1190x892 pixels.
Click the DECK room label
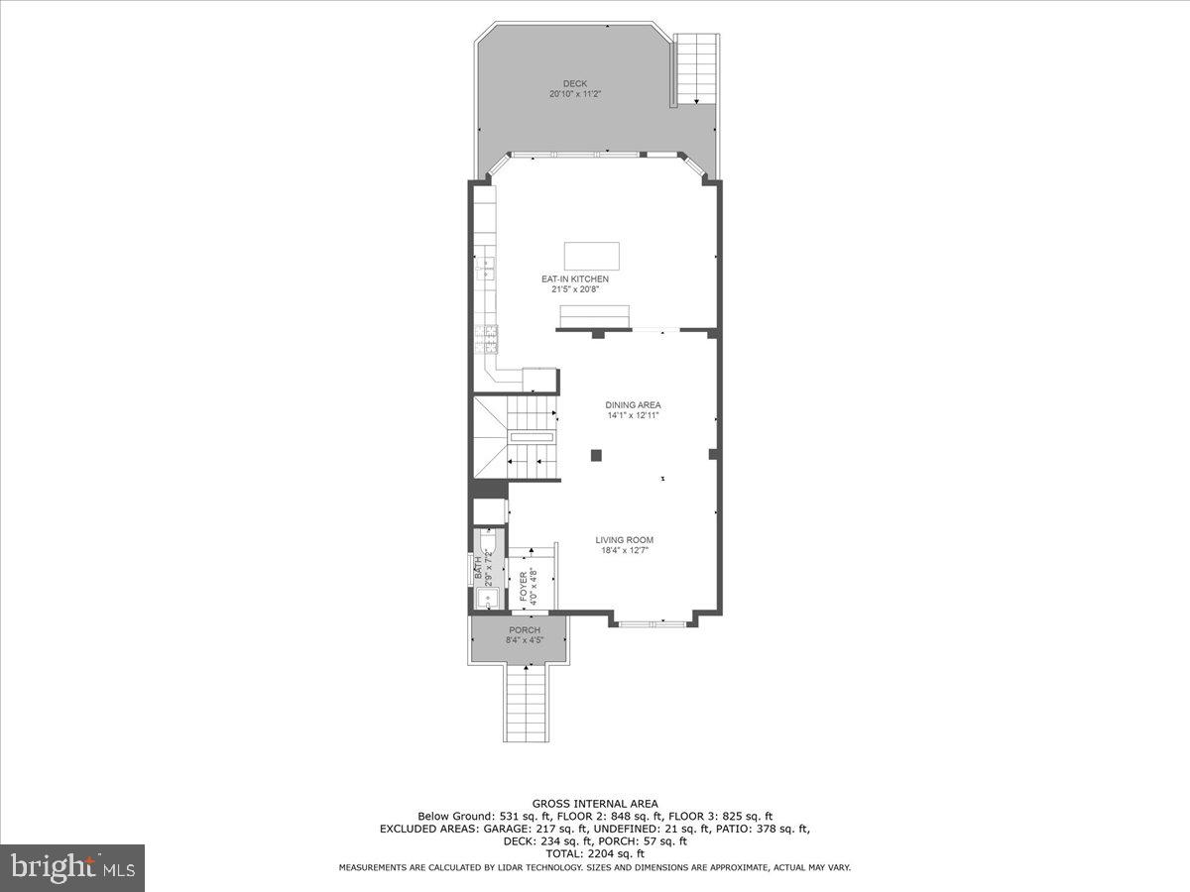(575, 83)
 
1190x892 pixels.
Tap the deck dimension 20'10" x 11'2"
(575, 94)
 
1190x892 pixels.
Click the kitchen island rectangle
(592, 256)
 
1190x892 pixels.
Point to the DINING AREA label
(633, 404)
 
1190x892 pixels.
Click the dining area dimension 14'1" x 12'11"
(633, 415)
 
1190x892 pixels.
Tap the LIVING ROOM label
(625, 540)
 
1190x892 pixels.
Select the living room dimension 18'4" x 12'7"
(625, 551)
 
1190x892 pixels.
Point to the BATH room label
(478, 567)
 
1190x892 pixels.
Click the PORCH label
(525, 630)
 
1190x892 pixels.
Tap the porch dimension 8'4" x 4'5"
(525, 641)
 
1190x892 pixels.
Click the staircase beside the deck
(696, 67)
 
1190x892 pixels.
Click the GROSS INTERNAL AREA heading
(595, 804)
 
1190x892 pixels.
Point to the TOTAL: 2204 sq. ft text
(595, 852)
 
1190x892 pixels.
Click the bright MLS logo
(72, 867)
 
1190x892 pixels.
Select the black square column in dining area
(596, 455)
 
